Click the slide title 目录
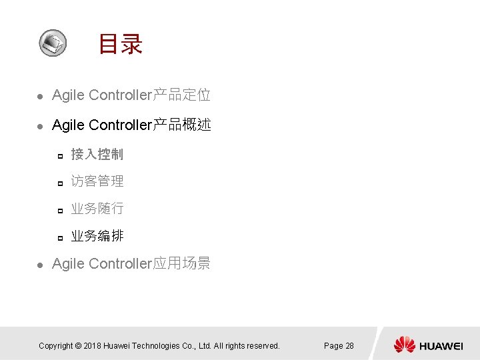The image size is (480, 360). pyautogui.click(x=120, y=45)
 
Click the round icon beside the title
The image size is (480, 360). pyautogui.click(x=52, y=43)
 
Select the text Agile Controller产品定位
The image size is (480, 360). pyautogui.click(x=131, y=95)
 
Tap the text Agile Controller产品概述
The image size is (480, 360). pyautogui.click(x=131, y=125)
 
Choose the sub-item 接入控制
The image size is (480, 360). pyautogui.click(x=97, y=155)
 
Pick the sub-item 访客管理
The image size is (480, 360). pyautogui.click(x=97, y=181)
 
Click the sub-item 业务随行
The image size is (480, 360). pyautogui.click(x=97, y=209)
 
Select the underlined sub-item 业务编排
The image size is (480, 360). pyautogui.click(x=97, y=236)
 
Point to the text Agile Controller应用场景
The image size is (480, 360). pyautogui.click(x=131, y=264)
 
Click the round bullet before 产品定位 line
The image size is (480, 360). pyautogui.click(x=39, y=97)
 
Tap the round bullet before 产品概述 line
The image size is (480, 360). pyautogui.click(x=39, y=126)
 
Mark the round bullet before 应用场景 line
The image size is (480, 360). pyautogui.click(x=39, y=265)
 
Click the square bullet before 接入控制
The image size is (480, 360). pyautogui.click(x=59, y=156)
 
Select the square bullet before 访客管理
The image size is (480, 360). pyautogui.click(x=59, y=183)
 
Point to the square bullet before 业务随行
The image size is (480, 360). pyautogui.click(x=59, y=210)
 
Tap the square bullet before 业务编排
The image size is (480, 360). pyautogui.click(x=59, y=237)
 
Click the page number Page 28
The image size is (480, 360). pyautogui.click(x=339, y=346)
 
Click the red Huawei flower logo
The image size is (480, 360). pyautogui.click(x=404, y=345)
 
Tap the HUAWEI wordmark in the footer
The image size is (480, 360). pyautogui.click(x=441, y=346)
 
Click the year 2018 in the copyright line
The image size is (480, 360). pyautogui.click(x=93, y=346)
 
